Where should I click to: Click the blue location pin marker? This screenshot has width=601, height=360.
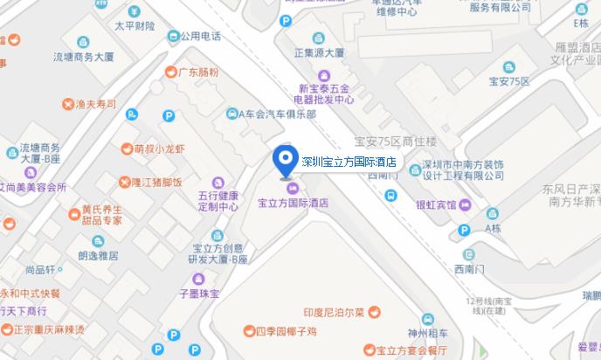[284, 159]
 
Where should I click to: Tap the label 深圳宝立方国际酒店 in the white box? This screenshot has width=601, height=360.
[349, 162]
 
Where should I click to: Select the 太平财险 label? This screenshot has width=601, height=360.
[134, 26]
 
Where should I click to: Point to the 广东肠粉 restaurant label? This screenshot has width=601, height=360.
[198, 72]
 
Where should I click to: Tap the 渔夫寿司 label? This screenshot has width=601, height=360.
[95, 104]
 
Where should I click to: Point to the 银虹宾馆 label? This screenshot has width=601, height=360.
[436, 205]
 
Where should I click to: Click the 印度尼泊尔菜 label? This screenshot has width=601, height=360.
[340, 312]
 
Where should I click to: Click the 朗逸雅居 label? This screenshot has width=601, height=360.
[97, 255]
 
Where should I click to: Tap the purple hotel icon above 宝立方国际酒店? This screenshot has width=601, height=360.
[292, 190]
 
